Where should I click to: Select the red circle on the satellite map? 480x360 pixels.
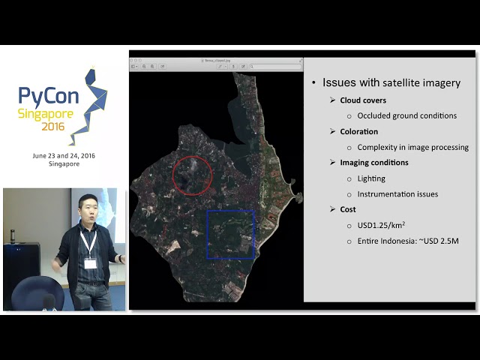pyautogui.click(x=193, y=175)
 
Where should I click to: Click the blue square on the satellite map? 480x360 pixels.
pyautogui.click(x=230, y=234)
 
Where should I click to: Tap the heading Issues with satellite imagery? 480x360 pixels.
pyautogui.click(x=391, y=82)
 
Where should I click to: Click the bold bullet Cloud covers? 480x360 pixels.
pyautogui.click(x=363, y=100)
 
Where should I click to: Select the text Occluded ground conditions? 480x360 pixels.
pyautogui.click(x=406, y=115)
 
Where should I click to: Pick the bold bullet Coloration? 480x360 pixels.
pyautogui.click(x=358, y=131)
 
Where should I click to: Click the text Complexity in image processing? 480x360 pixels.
pyautogui.click(x=412, y=147)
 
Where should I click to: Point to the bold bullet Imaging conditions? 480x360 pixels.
pyautogui.click(x=373, y=163)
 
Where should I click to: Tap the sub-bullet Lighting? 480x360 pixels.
pyautogui.click(x=371, y=178)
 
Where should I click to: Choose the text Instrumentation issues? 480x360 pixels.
pyautogui.click(x=397, y=194)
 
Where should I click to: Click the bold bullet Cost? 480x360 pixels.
pyautogui.click(x=347, y=210)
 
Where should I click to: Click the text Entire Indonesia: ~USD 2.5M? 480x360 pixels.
pyautogui.click(x=407, y=241)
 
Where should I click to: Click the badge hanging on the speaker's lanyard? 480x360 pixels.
pyautogui.click(x=90, y=263)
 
